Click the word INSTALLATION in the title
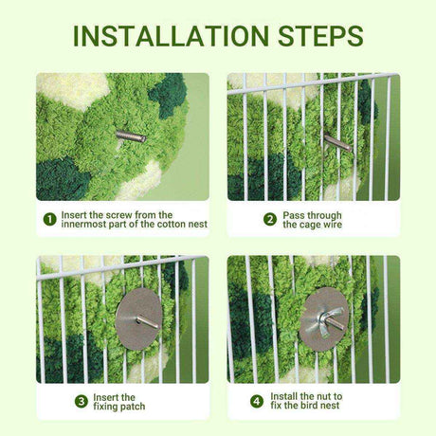[171, 36]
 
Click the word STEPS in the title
[320, 36]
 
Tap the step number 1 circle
[50, 219]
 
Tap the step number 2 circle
[270, 220]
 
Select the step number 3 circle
[82, 402]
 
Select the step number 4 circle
[257, 402]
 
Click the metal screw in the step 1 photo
[131, 136]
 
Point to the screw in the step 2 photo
[337, 142]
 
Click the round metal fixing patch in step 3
[138, 318]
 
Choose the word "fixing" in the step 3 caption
[105, 407]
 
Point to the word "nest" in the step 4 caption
[330, 406]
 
